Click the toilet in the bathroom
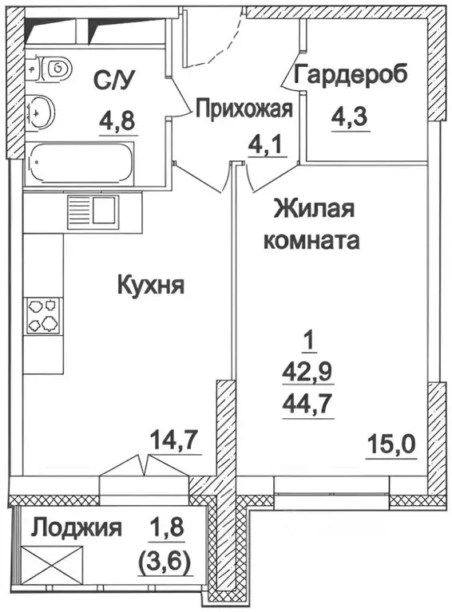pyautogui.click(x=54, y=69)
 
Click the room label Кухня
pyautogui.click(x=151, y=285)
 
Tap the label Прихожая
pyautogui.click(x=244, y=109)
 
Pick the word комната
pyautogui.click(x=311, y=239)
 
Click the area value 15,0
pyautogui.click(x=392, y=441)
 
